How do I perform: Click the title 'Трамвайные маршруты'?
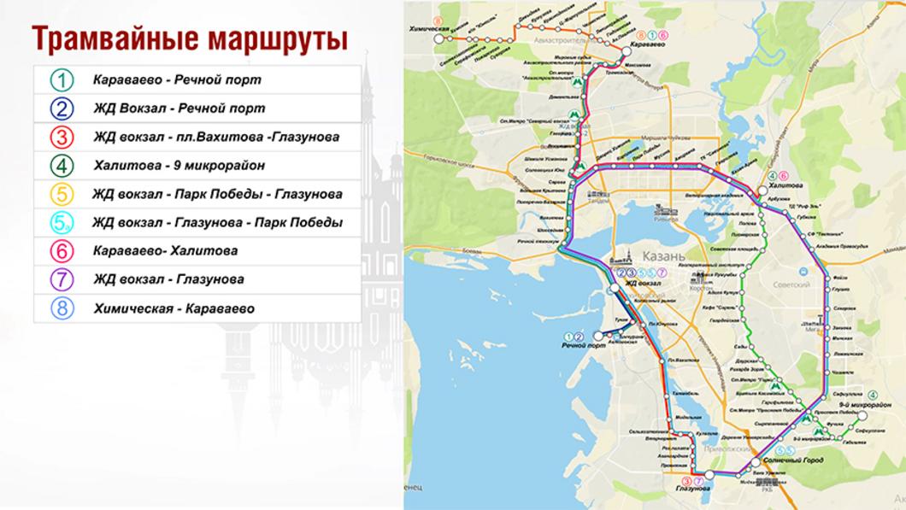point(190,39)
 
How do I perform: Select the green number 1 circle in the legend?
point(63,80)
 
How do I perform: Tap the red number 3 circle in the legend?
point(63,137)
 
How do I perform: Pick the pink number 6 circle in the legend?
point(63,251)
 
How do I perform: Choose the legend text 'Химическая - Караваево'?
point(174,308)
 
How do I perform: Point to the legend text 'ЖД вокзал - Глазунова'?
point(169,279)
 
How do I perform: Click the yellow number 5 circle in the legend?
point(63,194)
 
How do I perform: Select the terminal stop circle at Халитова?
point(763,189)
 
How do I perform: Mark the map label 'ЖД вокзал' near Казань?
point(642,282)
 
